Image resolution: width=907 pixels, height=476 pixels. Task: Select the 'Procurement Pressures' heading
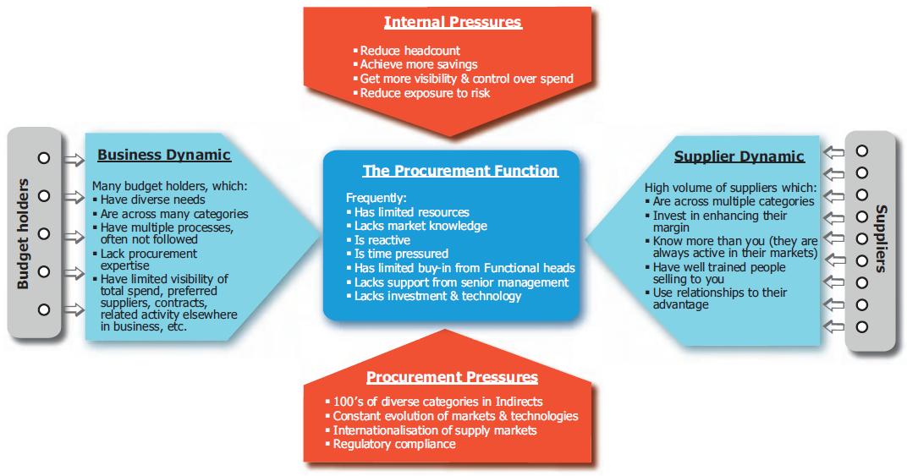452,377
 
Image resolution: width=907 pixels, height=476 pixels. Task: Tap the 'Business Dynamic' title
163,155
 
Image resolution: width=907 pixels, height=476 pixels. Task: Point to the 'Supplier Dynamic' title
739,156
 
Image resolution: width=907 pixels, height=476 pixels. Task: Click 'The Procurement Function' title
460,171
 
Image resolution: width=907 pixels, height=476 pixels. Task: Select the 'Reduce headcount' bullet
398,51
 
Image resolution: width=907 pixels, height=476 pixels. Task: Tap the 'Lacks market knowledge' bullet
421,226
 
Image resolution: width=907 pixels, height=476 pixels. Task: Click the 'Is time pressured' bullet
401,254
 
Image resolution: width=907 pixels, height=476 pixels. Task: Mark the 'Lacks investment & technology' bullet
437,295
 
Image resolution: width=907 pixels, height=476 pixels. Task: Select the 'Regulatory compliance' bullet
393,444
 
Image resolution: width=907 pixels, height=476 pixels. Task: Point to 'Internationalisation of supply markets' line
434,430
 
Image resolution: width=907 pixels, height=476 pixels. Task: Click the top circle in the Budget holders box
44,157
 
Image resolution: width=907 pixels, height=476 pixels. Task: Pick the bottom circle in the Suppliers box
862,326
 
